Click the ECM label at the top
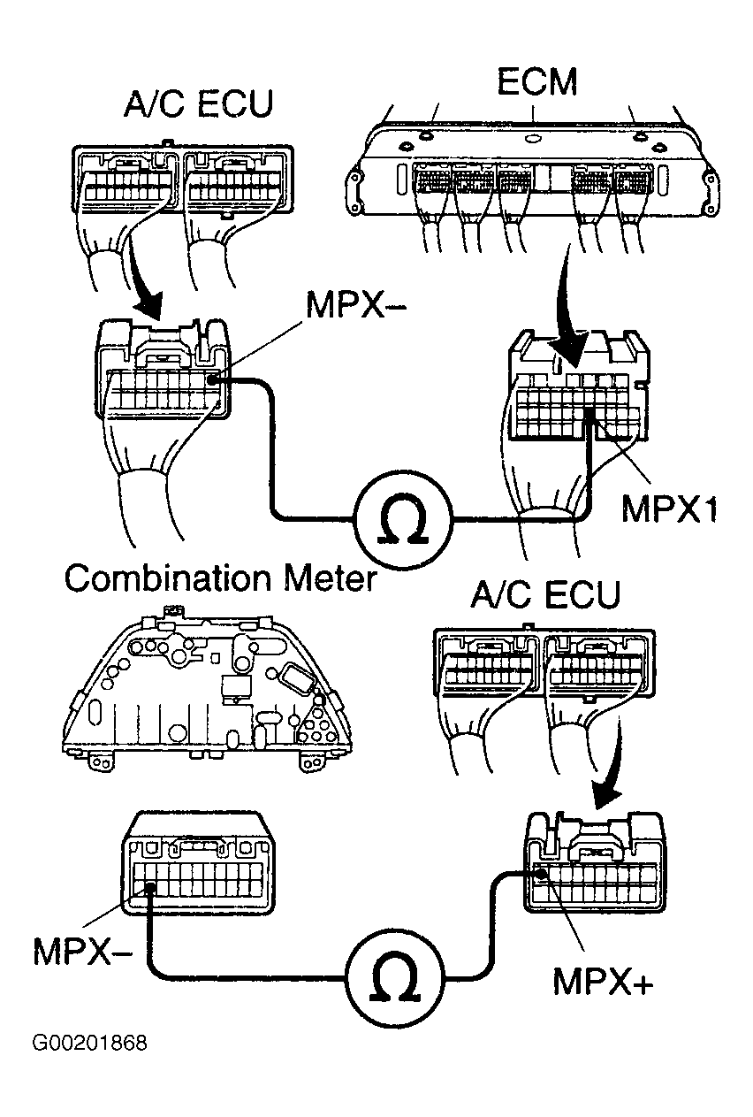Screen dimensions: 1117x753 tap(536, 82)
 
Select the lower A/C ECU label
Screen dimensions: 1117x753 tap(544, 594)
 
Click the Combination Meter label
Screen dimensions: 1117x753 tap(220, 579)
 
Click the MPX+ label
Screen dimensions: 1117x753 tap(603, 980)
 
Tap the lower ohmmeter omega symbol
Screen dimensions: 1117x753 tap(395, 979)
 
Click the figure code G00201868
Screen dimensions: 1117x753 tap(89, 1044)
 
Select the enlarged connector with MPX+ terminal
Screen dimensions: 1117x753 tap(594, 859)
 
